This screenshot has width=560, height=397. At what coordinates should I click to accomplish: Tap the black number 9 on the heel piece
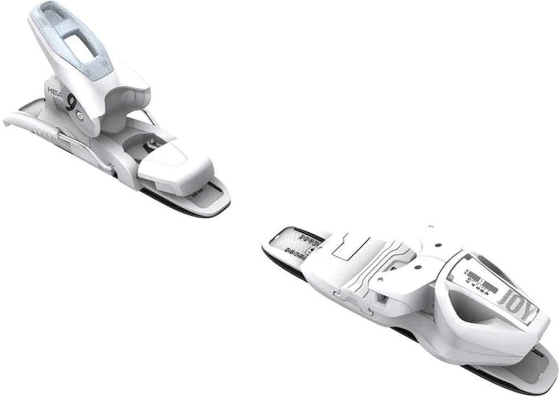(x=71, y=102)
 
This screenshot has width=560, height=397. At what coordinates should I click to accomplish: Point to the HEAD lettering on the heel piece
(x=55, y=91)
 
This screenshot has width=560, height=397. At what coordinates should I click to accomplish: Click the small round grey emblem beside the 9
(x=81, y=116)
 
